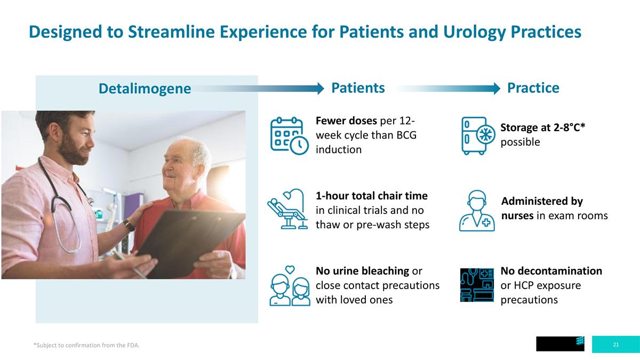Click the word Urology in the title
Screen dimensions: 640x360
point(474,32)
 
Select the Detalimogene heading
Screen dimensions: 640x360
point(145,89)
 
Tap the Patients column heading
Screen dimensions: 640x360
point(358,87)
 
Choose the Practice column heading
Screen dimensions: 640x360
point(533,87)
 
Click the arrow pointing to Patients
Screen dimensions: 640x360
point(259,89)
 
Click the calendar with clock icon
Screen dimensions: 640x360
point(289,135)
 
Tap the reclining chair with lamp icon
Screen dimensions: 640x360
point(287,209)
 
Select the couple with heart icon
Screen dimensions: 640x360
point(290,286)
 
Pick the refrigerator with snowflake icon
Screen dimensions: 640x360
point(478,135)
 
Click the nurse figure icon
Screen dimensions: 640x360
point(477,211)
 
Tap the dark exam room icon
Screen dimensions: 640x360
point(477,285)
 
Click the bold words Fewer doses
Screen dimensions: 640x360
point(346,121)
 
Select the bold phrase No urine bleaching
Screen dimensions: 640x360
point(362,271)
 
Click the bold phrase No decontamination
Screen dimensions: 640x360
point(551,271)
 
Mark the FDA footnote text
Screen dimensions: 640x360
point(86,345)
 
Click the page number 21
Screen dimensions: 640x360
point(616,345)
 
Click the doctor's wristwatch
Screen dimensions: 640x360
point(129,225)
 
